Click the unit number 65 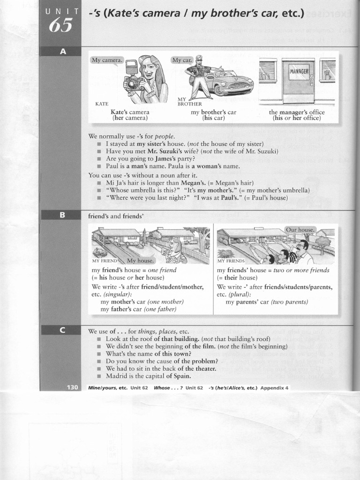pos(60,25)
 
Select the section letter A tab pos(62,52)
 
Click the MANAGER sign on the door pos(299,72)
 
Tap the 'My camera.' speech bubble pos(107,60)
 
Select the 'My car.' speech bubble pos(182,60)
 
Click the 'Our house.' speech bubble pos(300,230)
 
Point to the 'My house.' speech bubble pos(140,261)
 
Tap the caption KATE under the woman pos(102,104)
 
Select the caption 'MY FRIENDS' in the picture pos(231,261)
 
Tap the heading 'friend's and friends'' pos(115,217)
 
